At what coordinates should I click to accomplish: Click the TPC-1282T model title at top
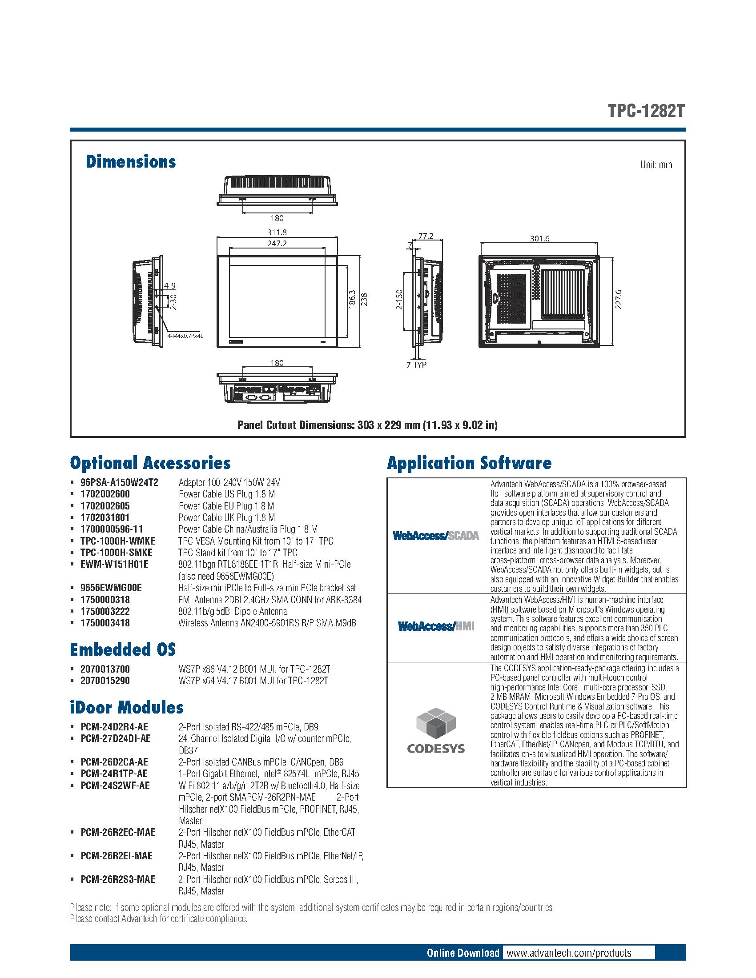click(x=646, y=111)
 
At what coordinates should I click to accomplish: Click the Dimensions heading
click(x=131, y=162)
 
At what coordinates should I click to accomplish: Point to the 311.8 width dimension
click(x=277, y=232)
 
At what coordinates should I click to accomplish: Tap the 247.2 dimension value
click(x=277, y=243)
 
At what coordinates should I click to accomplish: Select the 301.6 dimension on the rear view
click(x=540, y=239)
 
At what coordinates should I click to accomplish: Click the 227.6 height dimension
click(x=619, y=300)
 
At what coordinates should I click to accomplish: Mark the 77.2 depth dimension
click(x=426, y=236)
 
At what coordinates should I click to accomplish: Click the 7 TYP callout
click(x=417, y=365)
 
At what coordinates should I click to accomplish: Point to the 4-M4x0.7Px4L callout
click(x=185, y=335)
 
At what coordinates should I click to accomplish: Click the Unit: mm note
click(x=656, y=165)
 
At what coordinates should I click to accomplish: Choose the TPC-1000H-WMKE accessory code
click(x=118, y=541)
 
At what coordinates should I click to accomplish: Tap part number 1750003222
click(x=105, y=611)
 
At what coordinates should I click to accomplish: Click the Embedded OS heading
click(x=123, y=649)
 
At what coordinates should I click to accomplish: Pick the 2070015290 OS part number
click(x=105, y=681)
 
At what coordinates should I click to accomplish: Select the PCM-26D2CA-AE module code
click(x=114, y=762)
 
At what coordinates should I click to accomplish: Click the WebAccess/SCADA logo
click(x=436, y=536)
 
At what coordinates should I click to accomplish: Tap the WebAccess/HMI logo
click(x=436, y=626)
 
